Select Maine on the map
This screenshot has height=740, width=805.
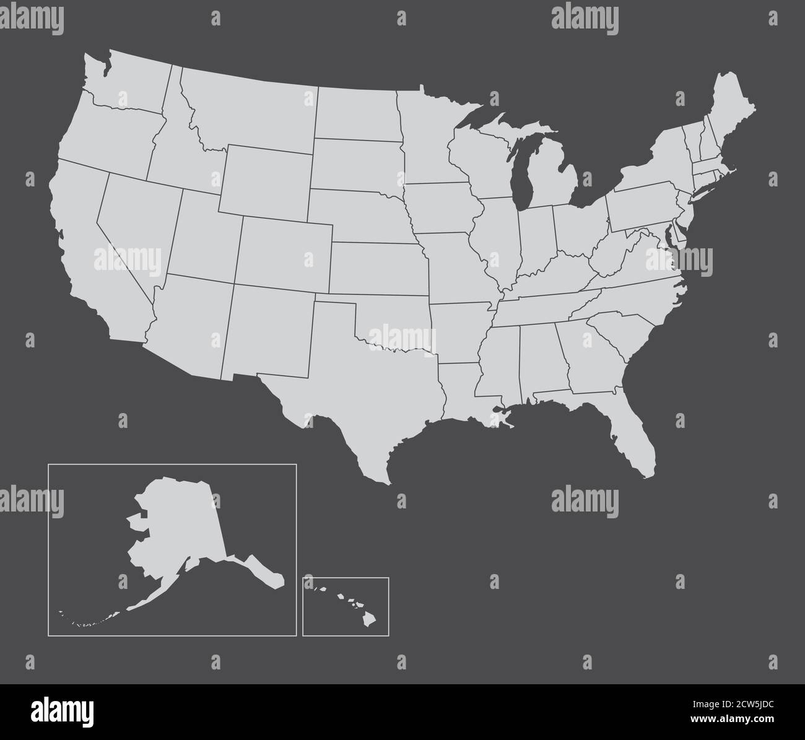pyautogui.click(x=731, y=111)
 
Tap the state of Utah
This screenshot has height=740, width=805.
pyautogui.click(x=204, y=235)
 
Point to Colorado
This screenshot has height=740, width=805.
pyautogui.click(x=285, y=254)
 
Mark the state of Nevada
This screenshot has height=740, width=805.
pyautogui.click(x=136, y=223)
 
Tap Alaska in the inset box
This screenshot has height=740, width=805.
pyautogui.click(x=180, y=526)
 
